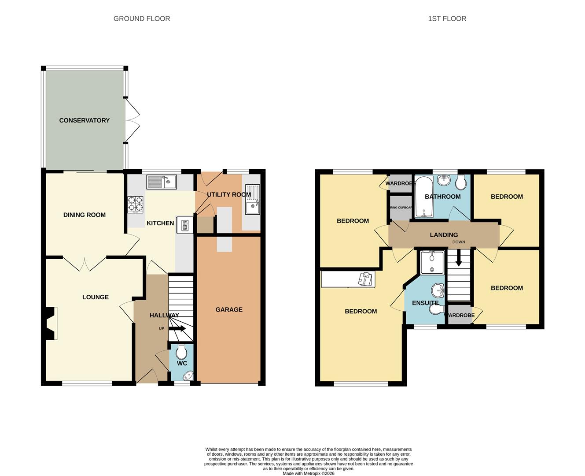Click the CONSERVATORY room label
(x=84, y=120)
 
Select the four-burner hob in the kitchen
(x=135, y=205)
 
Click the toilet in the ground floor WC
(x=181, y=352)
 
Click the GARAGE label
(x=229, y=310)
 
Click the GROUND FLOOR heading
(x=142, y=19)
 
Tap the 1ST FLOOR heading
(x=447, y=19)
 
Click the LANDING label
(x=444, y=235)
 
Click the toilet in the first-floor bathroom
(x=461, y=182)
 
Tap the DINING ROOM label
(x=85, y=215)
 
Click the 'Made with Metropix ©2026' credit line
(x=308, y=473)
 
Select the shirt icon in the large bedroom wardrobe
(x=365, y=279)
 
